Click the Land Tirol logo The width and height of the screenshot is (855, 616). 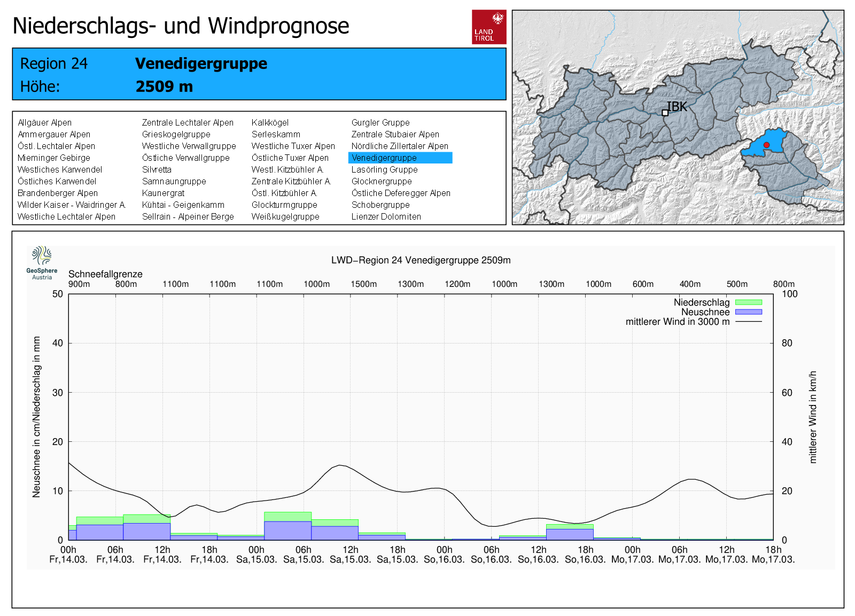pos(489,27)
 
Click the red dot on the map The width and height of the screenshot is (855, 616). pos(766,145)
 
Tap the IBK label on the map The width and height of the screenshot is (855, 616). pos(677,107)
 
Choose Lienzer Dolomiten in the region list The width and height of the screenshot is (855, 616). pos(386,216)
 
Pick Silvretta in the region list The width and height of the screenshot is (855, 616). pos(157,169)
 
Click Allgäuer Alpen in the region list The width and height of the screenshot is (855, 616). pos(44,122)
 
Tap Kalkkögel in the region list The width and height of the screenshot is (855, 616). pos(270,122)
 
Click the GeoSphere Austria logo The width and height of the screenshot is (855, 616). pos(42,262)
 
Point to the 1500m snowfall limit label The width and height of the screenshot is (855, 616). pos(363,284)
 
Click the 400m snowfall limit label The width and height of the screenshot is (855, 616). pos(690,284)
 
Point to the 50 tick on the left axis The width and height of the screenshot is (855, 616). pos(58,294)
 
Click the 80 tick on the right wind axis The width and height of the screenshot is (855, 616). pos(787,343)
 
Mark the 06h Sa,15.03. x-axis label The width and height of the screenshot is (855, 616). pos(303,555)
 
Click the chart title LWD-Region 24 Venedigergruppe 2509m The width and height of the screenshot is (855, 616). pos(421,260)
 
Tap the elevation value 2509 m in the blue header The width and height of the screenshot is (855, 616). pos(164,87)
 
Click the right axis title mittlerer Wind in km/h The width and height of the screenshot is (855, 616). pos(813,417)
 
